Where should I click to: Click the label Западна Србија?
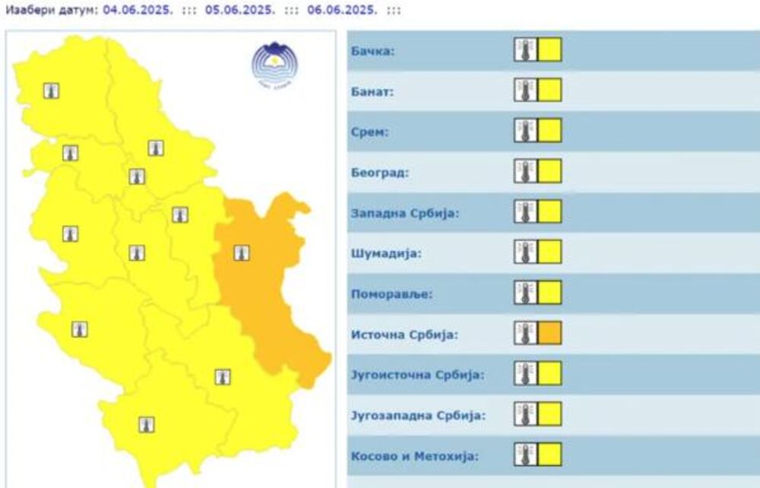(x=405, y=214)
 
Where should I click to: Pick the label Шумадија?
(x=385, y=254)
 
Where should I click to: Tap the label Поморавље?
(x=391, y=294)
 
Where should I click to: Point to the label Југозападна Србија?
(x=418, y=416)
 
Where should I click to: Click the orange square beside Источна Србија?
(x=550, y=333)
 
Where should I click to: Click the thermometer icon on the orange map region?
(x=242, y=253)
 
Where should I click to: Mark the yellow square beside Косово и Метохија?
(x=550, y=455)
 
